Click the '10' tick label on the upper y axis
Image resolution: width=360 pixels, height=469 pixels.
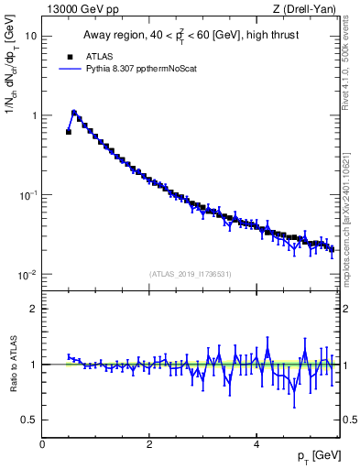pos(30,37)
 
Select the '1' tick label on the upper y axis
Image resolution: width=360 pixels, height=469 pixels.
pos(33,116)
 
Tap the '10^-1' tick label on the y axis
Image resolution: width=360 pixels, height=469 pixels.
pos(27,196)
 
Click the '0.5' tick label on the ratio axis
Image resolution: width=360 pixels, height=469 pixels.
pos(28,420)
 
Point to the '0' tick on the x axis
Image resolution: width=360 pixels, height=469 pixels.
pos(42,443)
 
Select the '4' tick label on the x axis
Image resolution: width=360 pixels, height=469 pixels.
pos(256,443)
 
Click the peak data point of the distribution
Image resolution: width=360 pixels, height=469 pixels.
pos(74,114)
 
